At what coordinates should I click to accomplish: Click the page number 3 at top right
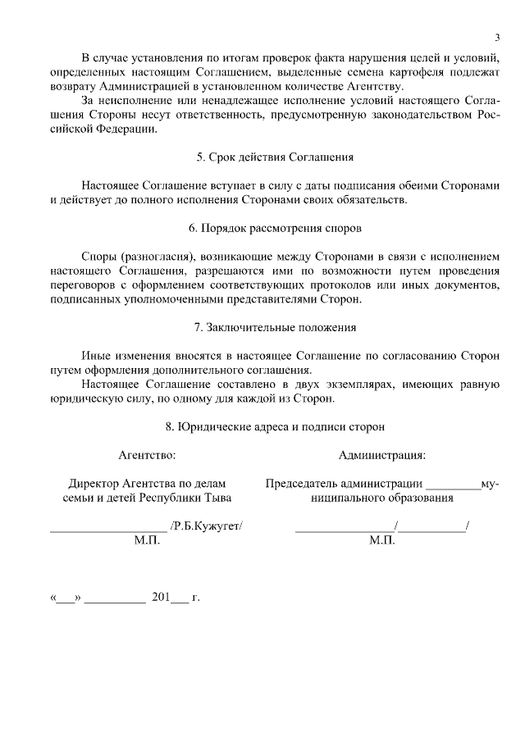point(497,37)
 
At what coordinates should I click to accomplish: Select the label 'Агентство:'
point(147,455)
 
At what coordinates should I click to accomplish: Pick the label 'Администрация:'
point(382,455)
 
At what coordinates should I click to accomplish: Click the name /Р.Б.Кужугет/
point(207,526)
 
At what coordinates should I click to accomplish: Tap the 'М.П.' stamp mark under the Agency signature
point(147,540)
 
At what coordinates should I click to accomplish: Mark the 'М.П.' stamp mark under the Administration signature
point(382,540)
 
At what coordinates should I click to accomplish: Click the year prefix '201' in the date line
point(160,597)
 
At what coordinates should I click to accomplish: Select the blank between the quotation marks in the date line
point(66,599)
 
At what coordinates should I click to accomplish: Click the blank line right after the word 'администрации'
point(454,487)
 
